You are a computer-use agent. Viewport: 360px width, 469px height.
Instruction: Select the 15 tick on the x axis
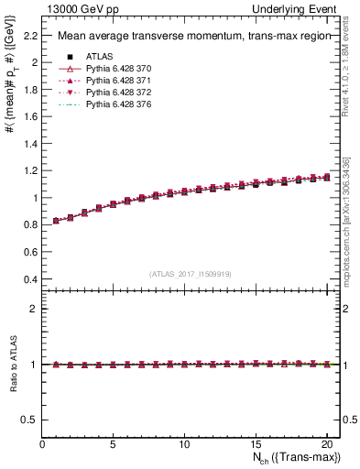(x=255, y=444)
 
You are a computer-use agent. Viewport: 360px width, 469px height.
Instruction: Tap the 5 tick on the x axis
(x=113, y=444)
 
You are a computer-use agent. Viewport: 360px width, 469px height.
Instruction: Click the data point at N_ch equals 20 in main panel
(x=326, y=178)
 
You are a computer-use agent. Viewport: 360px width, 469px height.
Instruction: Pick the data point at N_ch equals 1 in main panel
(x=57, y=221)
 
